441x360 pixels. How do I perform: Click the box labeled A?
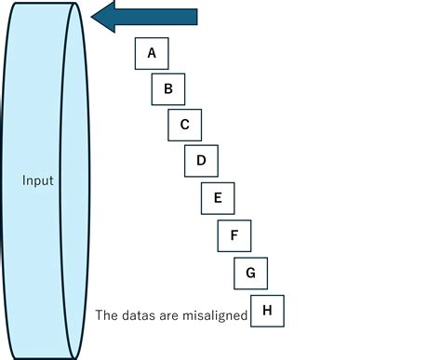click(x=152, y=53)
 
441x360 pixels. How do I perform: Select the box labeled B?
click(x=168, y=89)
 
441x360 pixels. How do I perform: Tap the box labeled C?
click(x=185, y=125)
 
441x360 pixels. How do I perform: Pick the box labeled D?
click(x=201, y=161)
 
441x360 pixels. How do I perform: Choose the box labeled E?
click(x=218, y=198)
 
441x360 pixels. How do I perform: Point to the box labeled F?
click(x=234, y=235)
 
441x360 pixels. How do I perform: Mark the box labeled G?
click(x=250, y=273)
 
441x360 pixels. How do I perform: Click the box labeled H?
click(x=267, y=311)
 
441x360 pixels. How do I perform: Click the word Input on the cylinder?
click(x=38, y=180)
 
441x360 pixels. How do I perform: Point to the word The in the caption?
click(x=106, y=315)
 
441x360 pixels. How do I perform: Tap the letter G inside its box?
click(x=250, y=273)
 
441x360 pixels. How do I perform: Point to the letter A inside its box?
click(x=152, y=53)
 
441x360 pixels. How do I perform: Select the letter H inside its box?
click(x=267, y=311)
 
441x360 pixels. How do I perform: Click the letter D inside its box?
click(x=201, y=161)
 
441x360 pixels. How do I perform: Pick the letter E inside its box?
click(x=218, y=198)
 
